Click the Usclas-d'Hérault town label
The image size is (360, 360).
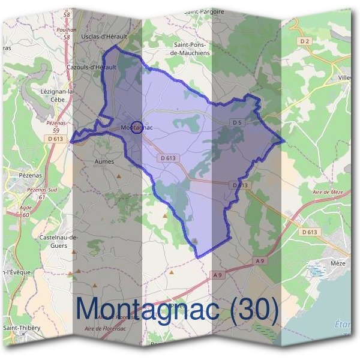click(104, 37)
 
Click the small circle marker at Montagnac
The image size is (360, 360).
click(137, 127)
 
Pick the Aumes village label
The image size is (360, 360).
click(104, 161)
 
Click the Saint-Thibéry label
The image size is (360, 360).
click(22, 328)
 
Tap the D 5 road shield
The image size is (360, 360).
click(238, 122)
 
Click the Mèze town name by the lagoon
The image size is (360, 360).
click(338, 263)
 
